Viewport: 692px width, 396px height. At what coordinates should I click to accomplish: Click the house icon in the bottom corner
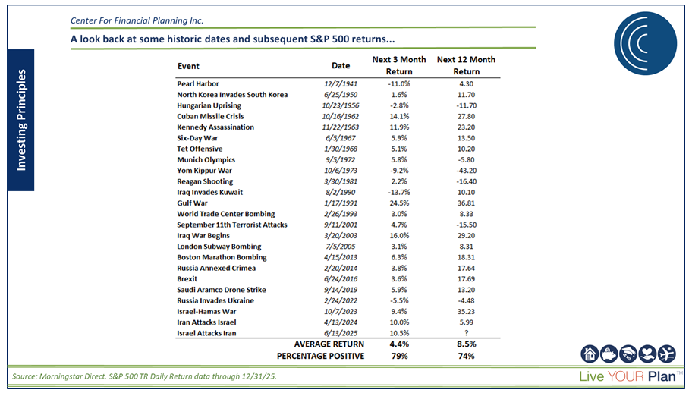click(x=590, y=353)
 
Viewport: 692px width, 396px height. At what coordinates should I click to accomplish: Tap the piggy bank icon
click(x=609, y=353)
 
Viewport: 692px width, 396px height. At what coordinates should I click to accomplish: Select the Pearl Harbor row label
click(x=199, y=83)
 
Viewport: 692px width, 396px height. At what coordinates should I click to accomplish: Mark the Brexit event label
click(x=187, y=279)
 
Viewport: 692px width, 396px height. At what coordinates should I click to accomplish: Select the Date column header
click(x=341, y=65)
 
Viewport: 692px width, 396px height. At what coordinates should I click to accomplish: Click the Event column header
click(x=188, y=66)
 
